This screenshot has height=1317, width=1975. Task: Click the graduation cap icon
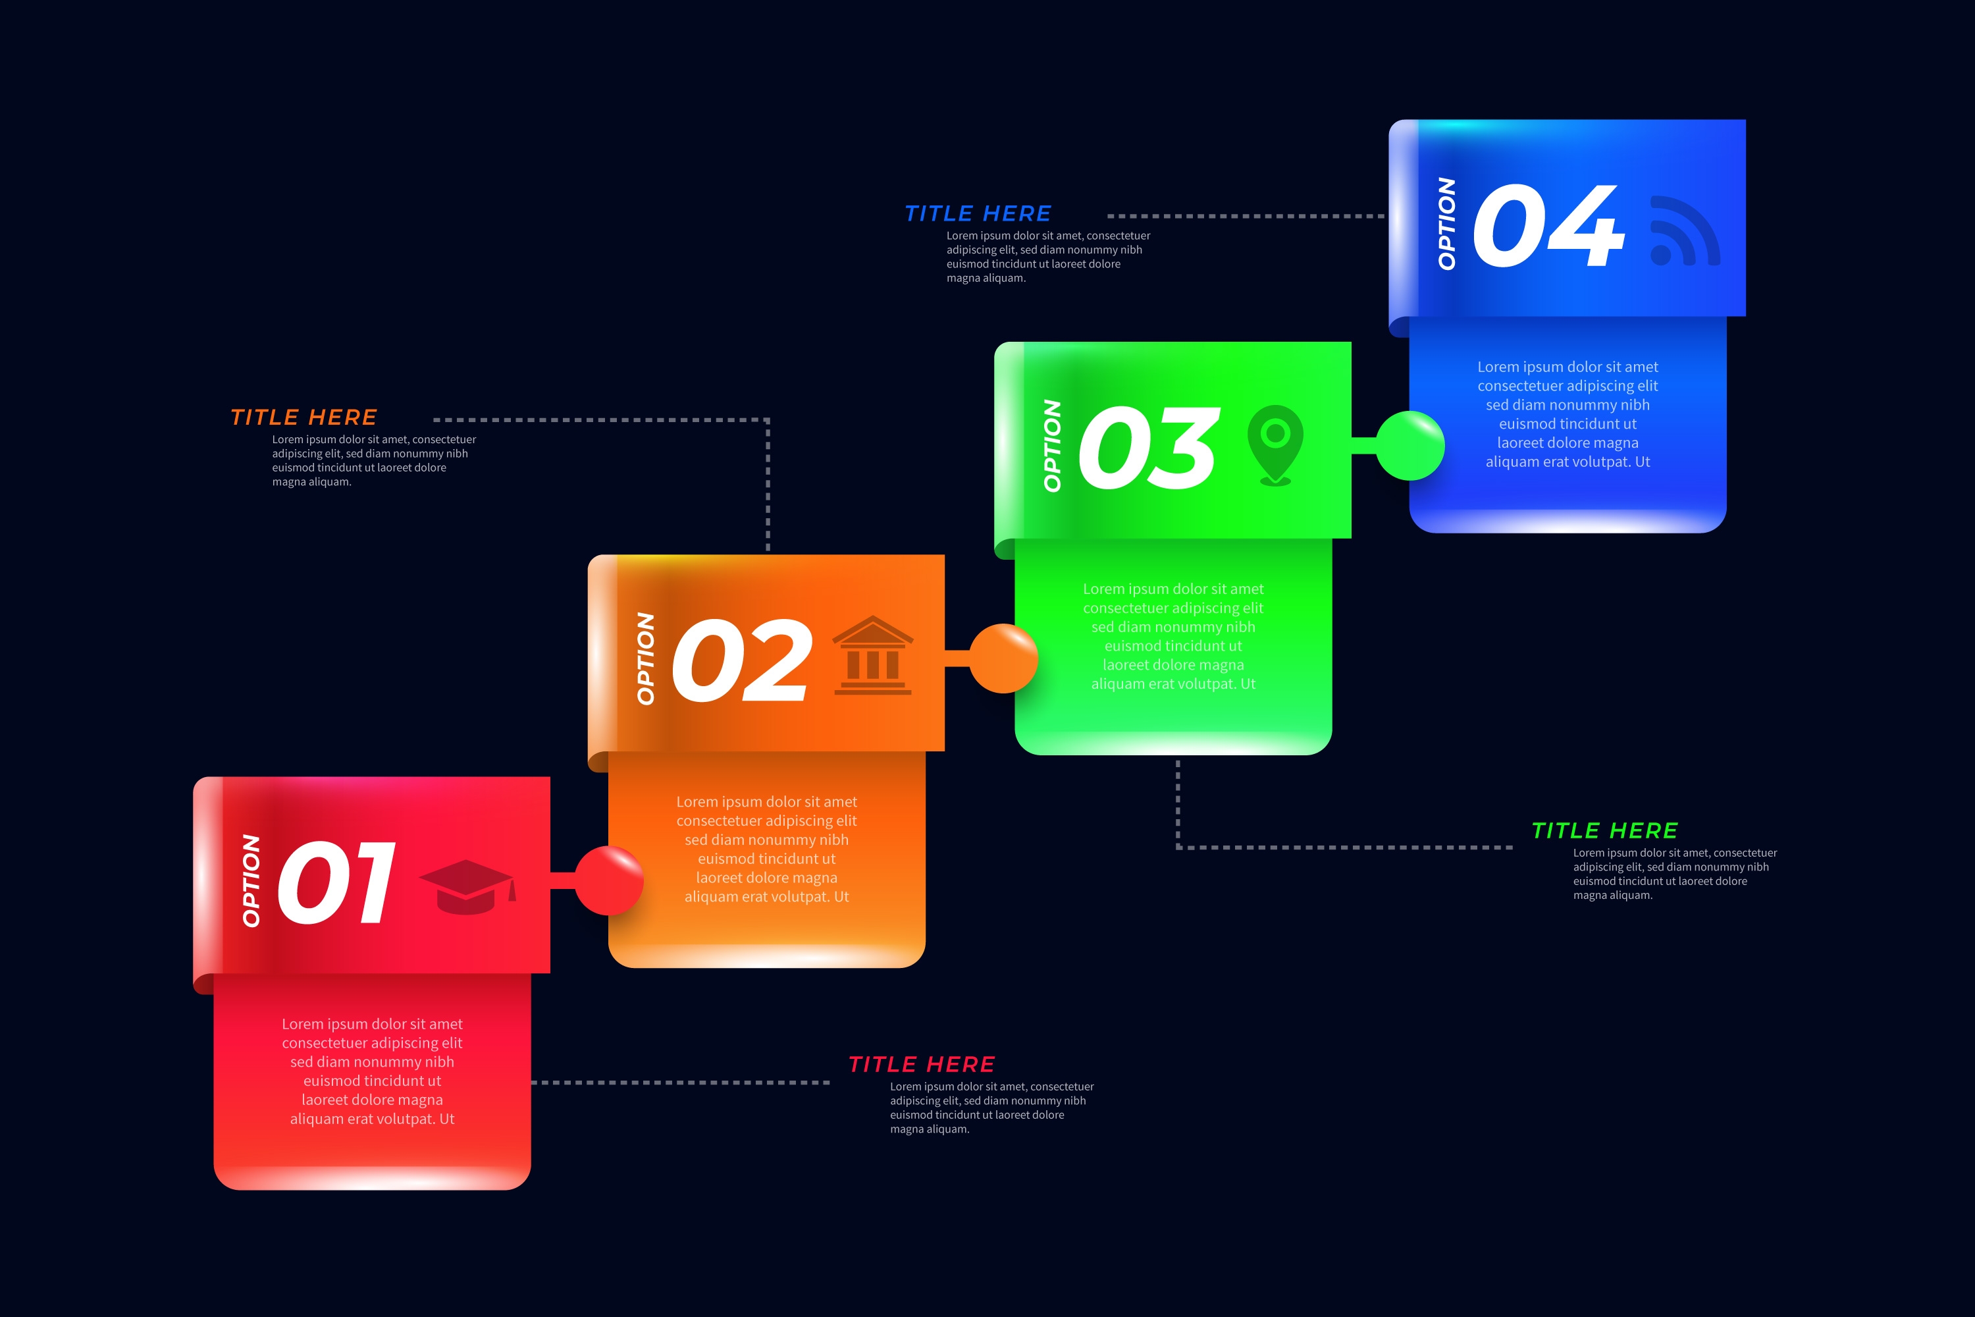click(467, 886)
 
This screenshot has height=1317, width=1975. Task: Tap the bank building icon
click(872, 656)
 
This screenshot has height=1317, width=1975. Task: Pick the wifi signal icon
click(1683, 231)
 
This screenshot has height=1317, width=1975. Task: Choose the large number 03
click(1148, 448)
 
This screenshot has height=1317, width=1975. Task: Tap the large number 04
click(1548, 226)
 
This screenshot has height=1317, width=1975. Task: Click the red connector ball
click(609, 880)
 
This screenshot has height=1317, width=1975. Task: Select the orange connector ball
click(1003, 658)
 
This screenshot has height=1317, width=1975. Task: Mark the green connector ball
click(1411, 445)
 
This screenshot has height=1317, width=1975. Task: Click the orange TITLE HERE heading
click(304, 417)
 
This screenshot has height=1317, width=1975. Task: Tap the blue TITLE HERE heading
click(978, 213)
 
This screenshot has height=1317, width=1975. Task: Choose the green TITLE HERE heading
click(1605, 830)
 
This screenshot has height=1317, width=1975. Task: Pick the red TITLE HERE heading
click(921, 1064)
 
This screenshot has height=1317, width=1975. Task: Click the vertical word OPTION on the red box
click(250, 880)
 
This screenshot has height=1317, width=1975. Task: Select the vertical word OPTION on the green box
click(1051, 445)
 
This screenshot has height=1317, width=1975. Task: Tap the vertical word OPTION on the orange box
click(645, 658)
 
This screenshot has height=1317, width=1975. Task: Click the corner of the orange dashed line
click(768, 420)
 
